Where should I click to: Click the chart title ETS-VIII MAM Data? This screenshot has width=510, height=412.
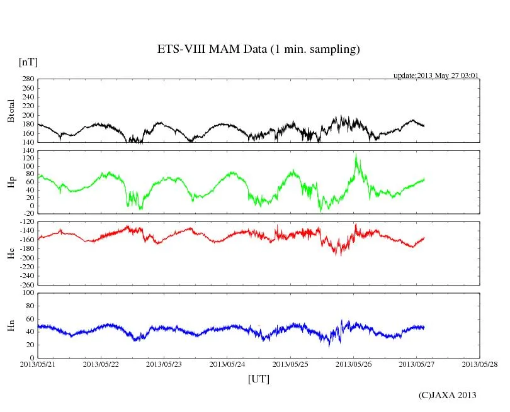(258, 50)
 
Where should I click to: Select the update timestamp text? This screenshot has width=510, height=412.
(436, 75)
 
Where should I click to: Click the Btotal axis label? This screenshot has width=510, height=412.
(11, 111)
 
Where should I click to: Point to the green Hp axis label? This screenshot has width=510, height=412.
(11, 182)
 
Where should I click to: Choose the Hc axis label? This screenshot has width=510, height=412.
(11, 253)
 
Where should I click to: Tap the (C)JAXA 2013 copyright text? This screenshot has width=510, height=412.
(447, 395)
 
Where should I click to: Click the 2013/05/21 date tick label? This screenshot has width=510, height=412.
(38, 364)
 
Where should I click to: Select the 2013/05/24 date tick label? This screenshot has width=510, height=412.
(227, 364)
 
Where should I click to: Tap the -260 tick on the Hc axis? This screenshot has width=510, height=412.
(25, 285)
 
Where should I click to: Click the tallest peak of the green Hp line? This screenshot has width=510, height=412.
(356, 154)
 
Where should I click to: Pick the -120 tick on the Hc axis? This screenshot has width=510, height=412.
(25, 223)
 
